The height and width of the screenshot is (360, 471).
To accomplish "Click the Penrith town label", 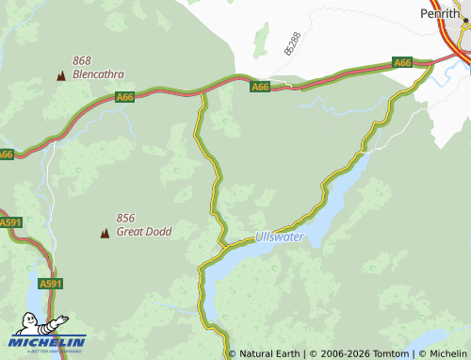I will (439, 13).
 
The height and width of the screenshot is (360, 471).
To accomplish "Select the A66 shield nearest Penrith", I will (402, 63).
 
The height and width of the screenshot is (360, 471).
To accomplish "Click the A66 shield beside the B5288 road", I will (261, 87).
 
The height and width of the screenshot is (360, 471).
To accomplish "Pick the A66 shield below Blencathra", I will (124, 97).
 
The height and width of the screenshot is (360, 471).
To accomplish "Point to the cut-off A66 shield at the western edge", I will (6, 154).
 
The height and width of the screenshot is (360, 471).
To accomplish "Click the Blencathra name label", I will (97, 74).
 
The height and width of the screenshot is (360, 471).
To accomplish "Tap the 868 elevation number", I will (82, 60).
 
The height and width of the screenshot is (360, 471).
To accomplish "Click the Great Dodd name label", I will (144, 231).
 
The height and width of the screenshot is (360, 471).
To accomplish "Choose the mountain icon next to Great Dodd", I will (105, 232).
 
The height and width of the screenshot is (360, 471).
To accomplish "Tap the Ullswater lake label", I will (280, 237).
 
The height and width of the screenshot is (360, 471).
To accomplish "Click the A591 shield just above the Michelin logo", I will (50, 283).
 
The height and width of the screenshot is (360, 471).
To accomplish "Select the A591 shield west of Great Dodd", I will (9, 222).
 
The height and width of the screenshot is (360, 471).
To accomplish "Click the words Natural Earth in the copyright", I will (270, 353).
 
